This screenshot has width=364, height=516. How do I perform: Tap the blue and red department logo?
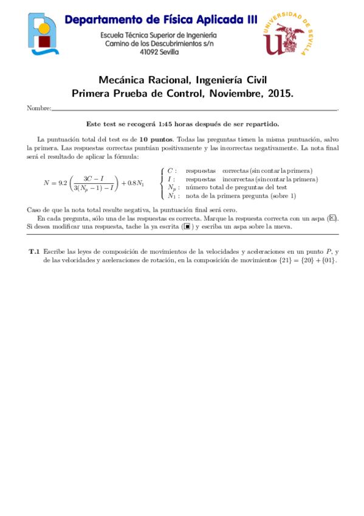click(43, 34)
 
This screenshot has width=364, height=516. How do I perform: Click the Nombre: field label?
click(39, 108)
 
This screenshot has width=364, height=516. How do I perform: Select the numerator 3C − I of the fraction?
click(93, 177)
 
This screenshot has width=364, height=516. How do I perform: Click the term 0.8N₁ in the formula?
click(133, 182)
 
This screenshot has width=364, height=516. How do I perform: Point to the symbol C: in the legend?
click(172, 171)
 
